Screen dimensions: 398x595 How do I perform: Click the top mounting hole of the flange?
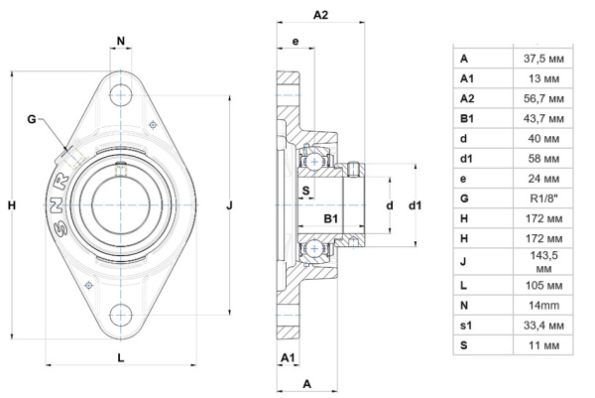(x=121, y=94)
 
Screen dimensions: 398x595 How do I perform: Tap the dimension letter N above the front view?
(x=121, y=42)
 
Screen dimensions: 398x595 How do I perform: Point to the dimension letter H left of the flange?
(x=12, y=205)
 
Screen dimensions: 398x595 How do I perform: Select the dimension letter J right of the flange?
(x=229, y=205)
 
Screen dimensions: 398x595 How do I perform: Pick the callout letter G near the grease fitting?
(x=33, y=119)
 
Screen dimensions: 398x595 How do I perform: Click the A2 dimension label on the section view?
(x=321, y=15)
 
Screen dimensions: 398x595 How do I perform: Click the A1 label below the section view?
(x=289, y=355)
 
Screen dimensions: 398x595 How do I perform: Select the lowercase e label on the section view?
(x=296, y=41)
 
